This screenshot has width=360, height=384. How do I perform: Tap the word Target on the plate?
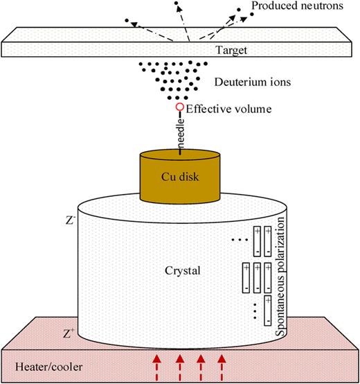coord(182,51)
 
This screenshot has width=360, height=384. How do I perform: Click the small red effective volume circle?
coord(180,107)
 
